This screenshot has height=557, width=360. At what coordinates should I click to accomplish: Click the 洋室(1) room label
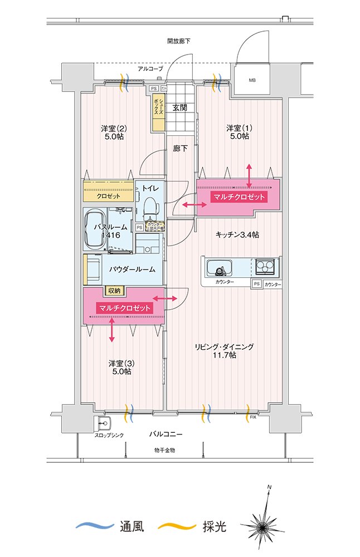point(239,132)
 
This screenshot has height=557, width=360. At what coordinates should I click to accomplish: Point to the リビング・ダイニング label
point(224,350)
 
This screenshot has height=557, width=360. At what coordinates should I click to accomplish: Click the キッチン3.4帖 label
point(237,235)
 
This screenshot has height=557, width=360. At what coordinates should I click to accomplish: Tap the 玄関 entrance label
point(179,108)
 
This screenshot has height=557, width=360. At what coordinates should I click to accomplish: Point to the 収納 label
point(115,290)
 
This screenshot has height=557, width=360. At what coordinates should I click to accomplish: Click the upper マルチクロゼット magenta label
point(239,197)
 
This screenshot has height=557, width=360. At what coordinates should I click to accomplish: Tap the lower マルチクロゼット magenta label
point(124,308)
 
